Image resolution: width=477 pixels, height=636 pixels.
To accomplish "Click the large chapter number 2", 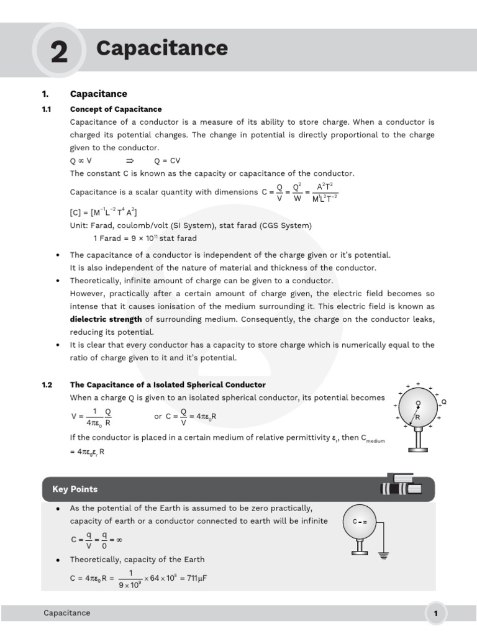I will (59, 52).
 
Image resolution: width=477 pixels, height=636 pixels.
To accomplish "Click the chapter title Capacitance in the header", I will (162, 48).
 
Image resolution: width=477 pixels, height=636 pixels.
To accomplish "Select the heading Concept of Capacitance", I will (116, 109).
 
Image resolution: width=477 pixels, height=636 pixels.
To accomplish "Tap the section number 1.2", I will (47, 385).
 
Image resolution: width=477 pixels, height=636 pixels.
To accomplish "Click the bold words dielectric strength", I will (106, 319).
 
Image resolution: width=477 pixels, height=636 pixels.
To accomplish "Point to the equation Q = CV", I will (167, 160).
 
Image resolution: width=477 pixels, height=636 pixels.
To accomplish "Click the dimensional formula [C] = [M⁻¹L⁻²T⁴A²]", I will (103, 212).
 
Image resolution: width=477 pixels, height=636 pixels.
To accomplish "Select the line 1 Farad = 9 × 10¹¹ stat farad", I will (145, 238).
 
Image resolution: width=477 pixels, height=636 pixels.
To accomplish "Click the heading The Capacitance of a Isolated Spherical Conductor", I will (168, 385).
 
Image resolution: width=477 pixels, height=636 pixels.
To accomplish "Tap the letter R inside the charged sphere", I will (417, 418).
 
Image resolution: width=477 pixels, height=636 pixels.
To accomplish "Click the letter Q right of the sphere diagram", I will (443, 402).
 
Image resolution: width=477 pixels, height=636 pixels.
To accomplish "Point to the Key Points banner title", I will (75, 489).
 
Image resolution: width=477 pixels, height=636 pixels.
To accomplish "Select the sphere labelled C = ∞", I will (360, 522).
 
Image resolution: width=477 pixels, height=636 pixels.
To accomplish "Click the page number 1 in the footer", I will (436, 614).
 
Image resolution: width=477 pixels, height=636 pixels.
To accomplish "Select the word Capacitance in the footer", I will (66, 613).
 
